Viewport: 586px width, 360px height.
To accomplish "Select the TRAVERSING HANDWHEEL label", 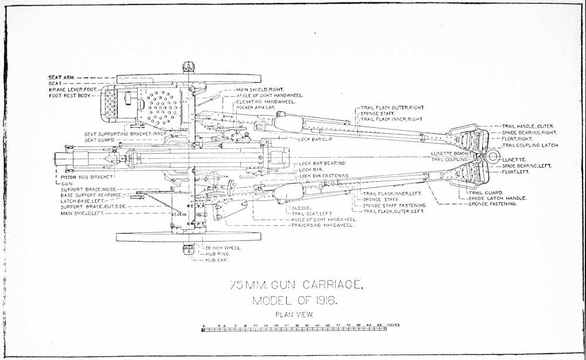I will [x=322, y=225].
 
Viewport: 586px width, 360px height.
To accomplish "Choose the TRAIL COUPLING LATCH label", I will [x=530, y=145].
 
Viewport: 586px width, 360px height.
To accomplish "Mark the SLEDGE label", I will [x=298, y=208].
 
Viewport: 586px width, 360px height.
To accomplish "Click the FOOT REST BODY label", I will [x=69, y=95].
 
